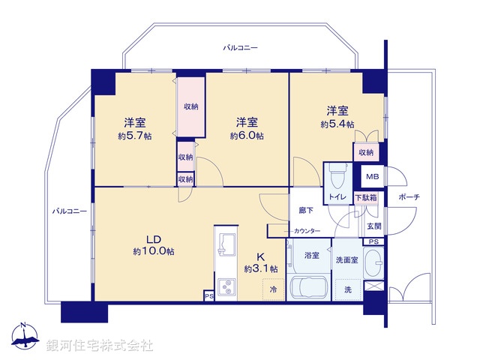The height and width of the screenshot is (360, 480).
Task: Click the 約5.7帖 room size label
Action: [135, 136]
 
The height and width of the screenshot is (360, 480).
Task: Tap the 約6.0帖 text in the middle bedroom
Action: [247, 136]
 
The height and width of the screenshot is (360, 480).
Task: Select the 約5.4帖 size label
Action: [337, 124]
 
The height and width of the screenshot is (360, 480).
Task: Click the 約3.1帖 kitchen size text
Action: [260, 268]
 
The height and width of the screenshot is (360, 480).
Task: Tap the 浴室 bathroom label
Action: [311, 256]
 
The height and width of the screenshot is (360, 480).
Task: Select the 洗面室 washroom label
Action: [348, 259]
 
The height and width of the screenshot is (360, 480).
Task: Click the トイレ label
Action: [336, 197]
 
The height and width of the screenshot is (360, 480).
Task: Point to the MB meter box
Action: [371, 177]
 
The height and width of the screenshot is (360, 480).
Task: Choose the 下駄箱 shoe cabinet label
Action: [366, 197]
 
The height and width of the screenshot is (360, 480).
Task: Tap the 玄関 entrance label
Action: [373, 225]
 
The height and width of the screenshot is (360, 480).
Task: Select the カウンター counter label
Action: [307, 230]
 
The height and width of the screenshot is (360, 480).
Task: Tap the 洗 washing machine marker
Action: [347, 289]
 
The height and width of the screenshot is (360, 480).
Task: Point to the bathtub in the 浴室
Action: [309, 288]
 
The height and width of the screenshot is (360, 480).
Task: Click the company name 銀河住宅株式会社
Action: [100, 346]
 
